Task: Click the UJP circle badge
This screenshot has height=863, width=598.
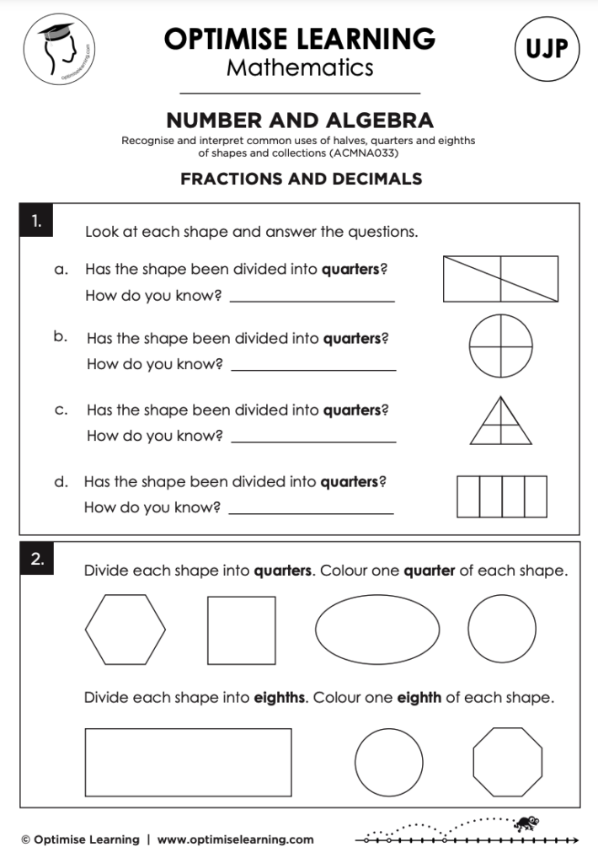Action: pos(547,49)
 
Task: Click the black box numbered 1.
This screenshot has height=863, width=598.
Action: pos(36,222)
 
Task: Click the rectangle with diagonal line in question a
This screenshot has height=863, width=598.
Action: pos(500,278)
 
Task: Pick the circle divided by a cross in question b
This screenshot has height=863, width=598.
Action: pos(500,346)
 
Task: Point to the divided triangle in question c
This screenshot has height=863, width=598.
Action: pos(500,421)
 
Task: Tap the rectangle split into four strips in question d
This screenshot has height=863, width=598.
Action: pos(501,496)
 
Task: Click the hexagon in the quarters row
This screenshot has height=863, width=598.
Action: pos(125,630)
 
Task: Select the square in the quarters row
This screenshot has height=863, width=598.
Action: pos(241,630)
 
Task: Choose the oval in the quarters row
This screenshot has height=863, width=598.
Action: pos(377,630)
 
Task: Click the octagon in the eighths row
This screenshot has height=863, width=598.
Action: pos(507,762)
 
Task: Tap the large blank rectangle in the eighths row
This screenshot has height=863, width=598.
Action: pos(188,762)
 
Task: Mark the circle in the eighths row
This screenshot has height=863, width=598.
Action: pos(389,762)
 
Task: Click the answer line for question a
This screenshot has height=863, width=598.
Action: pos(312,301)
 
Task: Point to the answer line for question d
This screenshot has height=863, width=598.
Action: pos(311,512)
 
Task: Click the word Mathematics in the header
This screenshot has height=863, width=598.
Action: pos(299,67)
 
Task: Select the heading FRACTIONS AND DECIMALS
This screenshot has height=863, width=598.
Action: pos(301,179)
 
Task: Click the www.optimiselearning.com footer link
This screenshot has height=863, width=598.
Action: pos(235,839)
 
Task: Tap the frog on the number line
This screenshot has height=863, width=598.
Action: pos(529,821)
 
